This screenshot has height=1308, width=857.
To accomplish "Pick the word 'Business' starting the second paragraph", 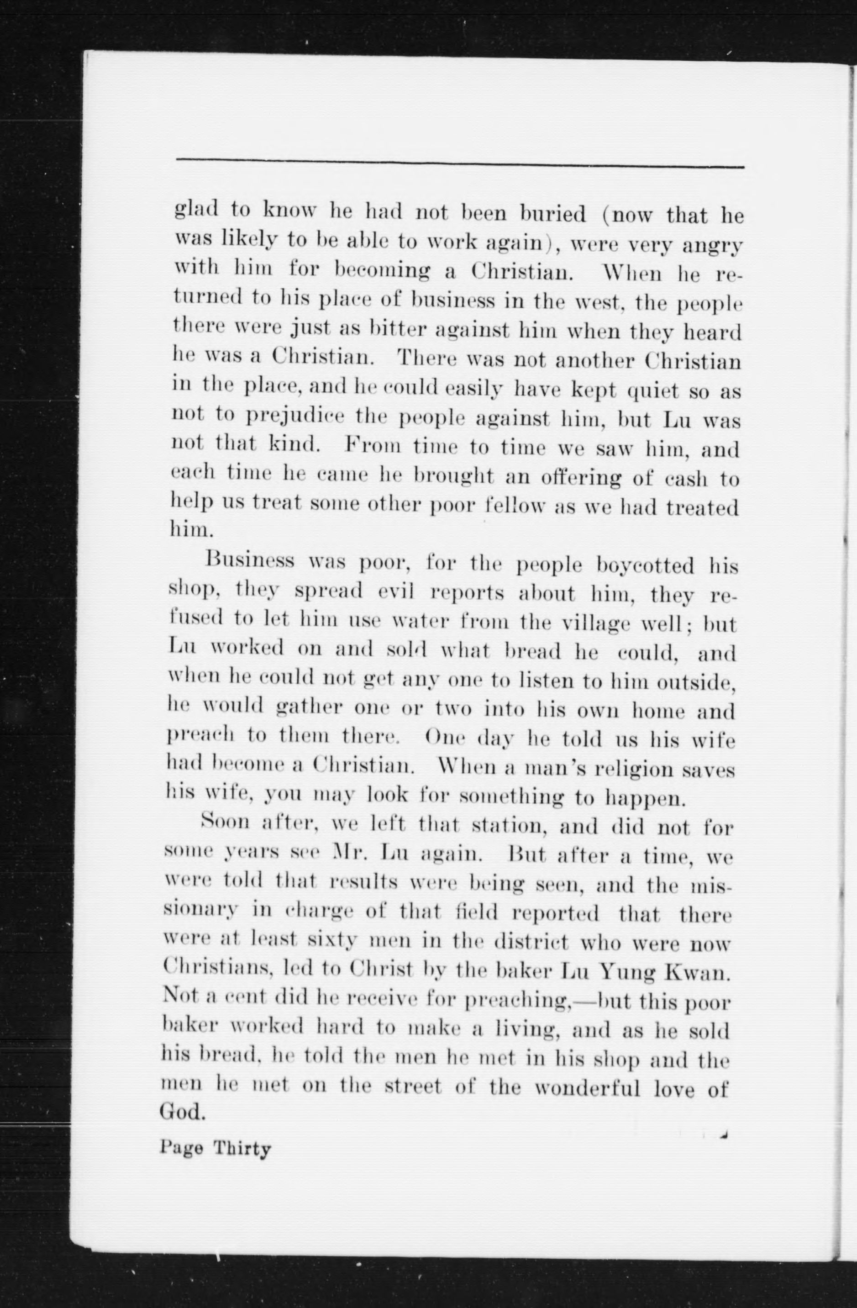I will [x=249, y=562].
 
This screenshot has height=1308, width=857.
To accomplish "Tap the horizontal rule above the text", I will [x=459, y=163].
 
